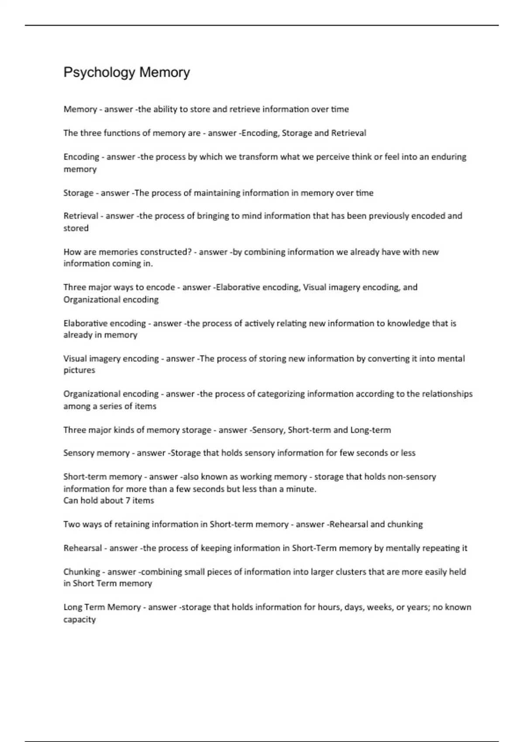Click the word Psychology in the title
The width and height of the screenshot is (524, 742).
coord(99,72)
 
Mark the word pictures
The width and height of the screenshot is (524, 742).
coord(79,370)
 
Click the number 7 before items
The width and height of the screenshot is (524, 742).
coord(128,501)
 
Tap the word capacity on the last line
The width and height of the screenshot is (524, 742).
coord(79,620)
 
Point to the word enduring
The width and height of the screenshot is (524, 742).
coord(449,157)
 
